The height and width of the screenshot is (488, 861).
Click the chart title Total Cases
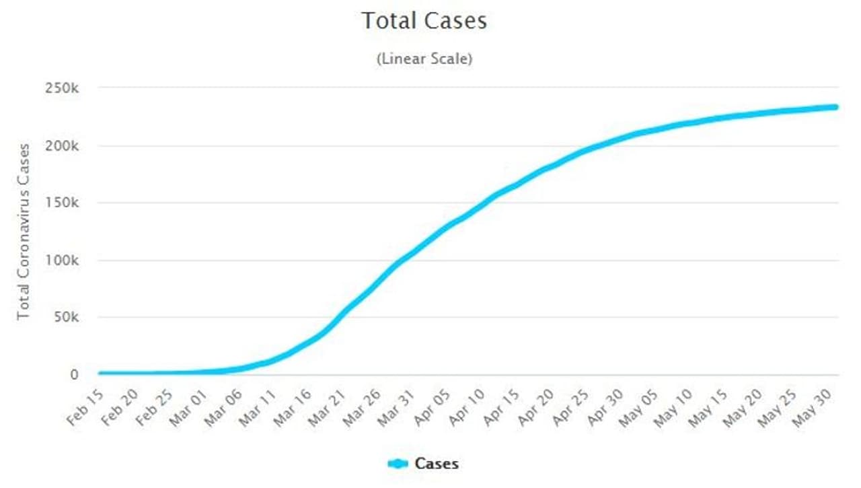(424, 20)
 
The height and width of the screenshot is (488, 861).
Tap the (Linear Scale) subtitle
(424, 59)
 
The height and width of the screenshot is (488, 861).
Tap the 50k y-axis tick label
(67, 318)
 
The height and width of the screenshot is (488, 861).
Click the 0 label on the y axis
(75, 375)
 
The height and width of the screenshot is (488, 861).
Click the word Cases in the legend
(437, 463)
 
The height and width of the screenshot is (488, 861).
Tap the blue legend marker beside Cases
(398, 463)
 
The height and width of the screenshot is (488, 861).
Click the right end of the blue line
(835, 106)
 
